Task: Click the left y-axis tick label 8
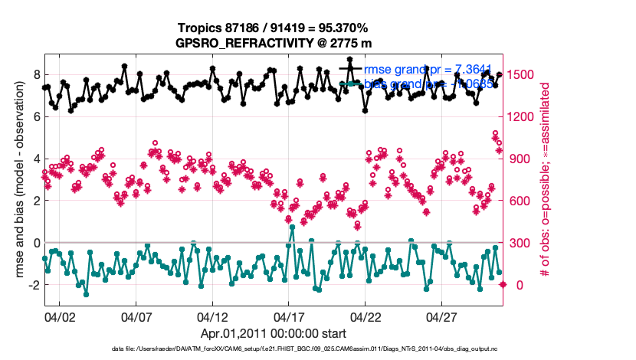tap(35, 74)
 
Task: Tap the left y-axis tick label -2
tap(33, 285)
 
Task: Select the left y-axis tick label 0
tap(35, 243)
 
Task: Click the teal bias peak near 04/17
tap(292, 227)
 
